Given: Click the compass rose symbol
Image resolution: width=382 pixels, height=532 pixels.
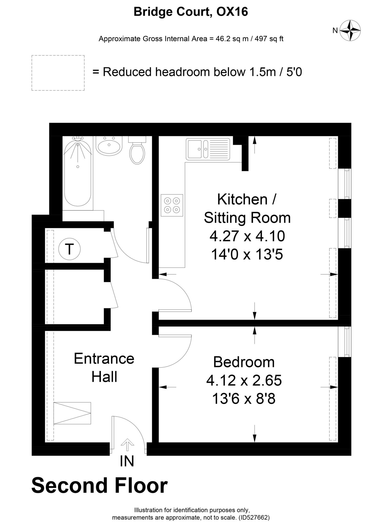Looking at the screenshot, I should pyautogui.click(x=350, y=31).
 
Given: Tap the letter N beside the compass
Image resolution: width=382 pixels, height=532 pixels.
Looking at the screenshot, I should pyautogui.click(x=335, y=31).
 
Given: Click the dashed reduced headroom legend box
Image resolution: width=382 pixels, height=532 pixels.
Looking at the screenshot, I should pyautogui.click(x=58, y=73).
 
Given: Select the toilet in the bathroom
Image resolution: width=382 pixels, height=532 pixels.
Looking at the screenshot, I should pyautogui.click(x=137, y=152).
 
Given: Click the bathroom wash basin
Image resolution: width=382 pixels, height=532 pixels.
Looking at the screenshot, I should pyautogui.click(x=109, y=145).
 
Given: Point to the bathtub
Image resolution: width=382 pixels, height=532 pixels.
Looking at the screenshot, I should pyautogui.click(x=78, y=174).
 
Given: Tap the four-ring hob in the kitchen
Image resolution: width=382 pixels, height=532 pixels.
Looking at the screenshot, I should pyautogui.click(x=172, y=205).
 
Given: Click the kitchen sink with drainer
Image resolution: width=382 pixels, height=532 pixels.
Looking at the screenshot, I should pyautogui.click(x=208, y=149).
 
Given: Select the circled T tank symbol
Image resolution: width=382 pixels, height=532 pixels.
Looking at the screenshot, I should pyautogui.click(x=69, y=249).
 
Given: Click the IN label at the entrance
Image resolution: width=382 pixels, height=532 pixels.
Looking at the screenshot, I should pyautogui.click(x=127, y=461).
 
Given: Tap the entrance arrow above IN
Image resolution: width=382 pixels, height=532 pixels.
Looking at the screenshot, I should pyautogui.click(x=127, y=444).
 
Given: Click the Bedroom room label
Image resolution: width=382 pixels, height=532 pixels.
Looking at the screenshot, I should pyautogui.click(x=244, y=362).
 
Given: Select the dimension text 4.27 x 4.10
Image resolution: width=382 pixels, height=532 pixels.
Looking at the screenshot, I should pyautogui.click(x=247, y=236).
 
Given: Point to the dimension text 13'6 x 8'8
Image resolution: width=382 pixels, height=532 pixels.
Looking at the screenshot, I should pyautogui.click(x=244, y=398).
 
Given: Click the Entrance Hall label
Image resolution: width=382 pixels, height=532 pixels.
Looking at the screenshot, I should pyautogui.click(x=104, y=367).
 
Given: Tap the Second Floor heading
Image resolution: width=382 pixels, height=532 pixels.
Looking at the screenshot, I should pyautogui.click(x=99, y=486).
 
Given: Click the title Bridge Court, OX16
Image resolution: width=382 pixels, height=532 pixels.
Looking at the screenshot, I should pyautogui.click(x=191, y=12).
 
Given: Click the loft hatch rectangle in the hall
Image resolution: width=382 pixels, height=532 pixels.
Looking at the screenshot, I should pyautogui.click(x=72, y=413).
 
